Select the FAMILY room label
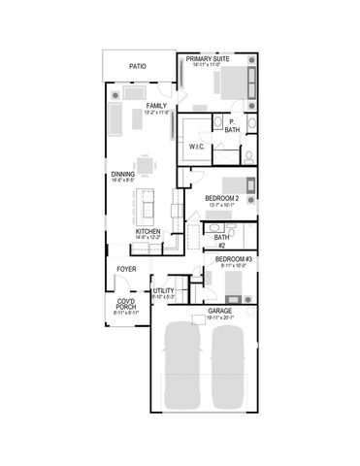(x=156, y=105)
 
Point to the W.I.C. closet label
(x=195, y=148)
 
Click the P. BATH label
(x=233, y=125)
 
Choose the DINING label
(x=122, y=175)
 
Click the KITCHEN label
(x=147, y=231)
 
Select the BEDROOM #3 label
(x=233, y=259)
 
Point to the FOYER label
(x=126, y=268)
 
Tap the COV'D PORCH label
(x=126, y=306)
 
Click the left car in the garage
(x=181, y=367)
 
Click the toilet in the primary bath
(x=249, y=155)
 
